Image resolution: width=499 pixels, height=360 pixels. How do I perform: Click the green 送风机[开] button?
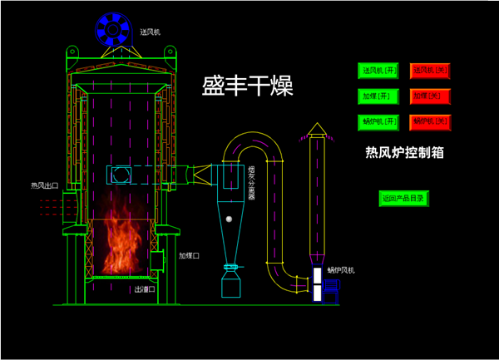[x=378, y=71]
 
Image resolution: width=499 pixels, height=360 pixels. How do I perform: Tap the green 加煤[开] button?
[x=378, y=96]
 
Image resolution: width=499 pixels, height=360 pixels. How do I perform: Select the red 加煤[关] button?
[x=430, y=96]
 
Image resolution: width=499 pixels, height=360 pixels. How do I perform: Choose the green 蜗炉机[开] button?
[x=378, y=121]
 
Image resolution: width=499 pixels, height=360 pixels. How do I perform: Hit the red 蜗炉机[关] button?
[x=430, y=121]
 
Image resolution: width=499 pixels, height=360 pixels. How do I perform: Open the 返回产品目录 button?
[x=403, y=199]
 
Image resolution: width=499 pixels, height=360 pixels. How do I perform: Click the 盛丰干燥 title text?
[x=248, y=86]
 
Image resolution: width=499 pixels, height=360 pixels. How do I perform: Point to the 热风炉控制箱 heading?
[x=404, y=152]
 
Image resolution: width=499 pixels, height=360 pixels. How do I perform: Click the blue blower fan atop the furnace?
[x=111, y=31]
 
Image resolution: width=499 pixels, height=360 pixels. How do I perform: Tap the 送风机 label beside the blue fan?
[x=151, y=32]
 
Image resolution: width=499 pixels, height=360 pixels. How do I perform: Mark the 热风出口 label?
[x=44, y=185]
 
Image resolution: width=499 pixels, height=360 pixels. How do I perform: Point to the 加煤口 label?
[x=190, y=256]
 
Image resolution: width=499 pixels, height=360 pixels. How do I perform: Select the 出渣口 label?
[x=145, y=290]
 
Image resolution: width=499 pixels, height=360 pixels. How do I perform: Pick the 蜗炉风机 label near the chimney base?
[x=340, y=270]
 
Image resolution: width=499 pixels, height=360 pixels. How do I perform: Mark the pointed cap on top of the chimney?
[x=316, y=129]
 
